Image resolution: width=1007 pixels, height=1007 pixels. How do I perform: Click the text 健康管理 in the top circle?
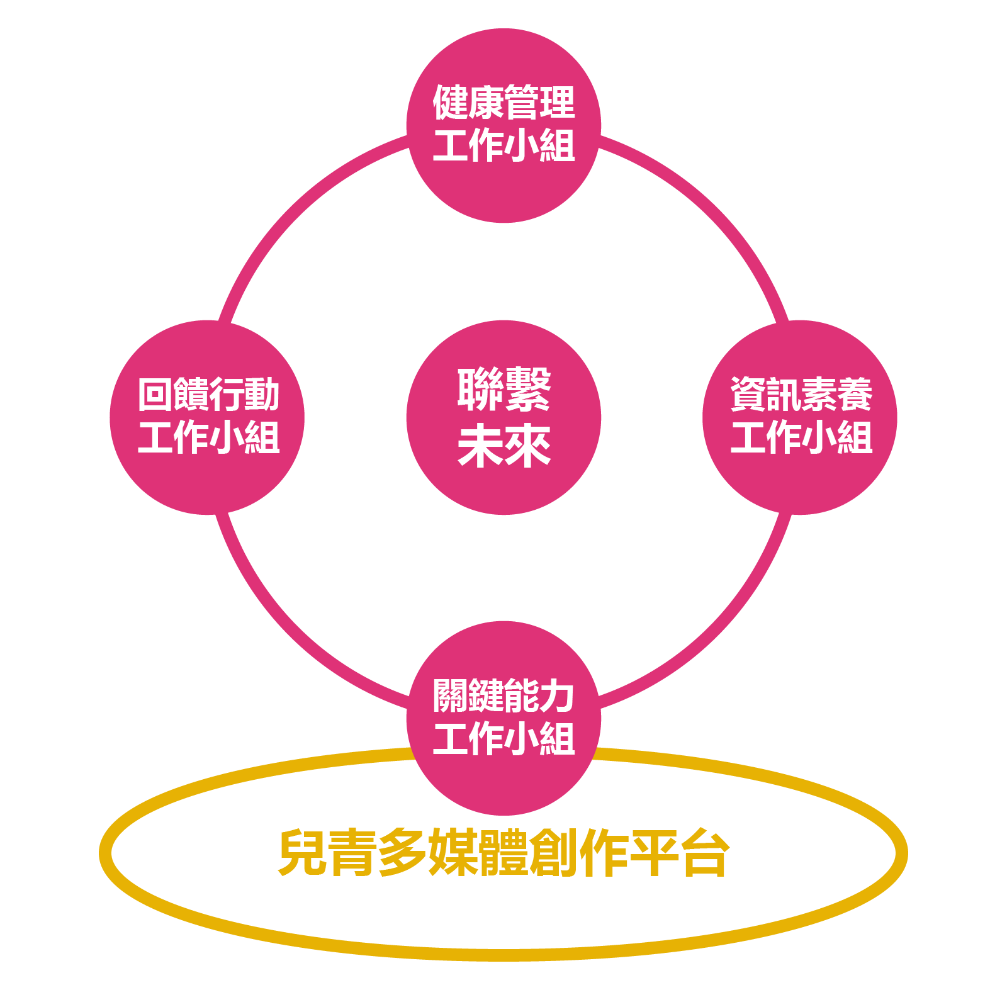click(x=503, y=102)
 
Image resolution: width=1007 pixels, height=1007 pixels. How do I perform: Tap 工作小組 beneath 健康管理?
click(x=503, y=145)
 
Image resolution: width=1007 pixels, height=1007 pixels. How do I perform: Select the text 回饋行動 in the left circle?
click(x=208, y=395)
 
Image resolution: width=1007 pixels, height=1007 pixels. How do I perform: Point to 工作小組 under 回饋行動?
click(x=208, y=437)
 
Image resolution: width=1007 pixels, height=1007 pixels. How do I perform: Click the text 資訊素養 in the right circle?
click(x=801, y=395)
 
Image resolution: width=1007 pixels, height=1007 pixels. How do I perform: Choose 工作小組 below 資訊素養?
click(x=801, y=437)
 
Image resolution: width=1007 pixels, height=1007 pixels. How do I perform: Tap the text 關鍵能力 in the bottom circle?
click(x=503, y=695)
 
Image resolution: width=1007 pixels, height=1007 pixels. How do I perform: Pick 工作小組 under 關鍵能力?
click(x=503, y=738)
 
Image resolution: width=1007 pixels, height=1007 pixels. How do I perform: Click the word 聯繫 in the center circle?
click(x=503, y=389)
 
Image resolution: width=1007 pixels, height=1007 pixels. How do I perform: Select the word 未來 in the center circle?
click(x=503, y=447)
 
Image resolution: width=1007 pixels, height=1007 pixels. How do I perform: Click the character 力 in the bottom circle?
click(x=556, y=695)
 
